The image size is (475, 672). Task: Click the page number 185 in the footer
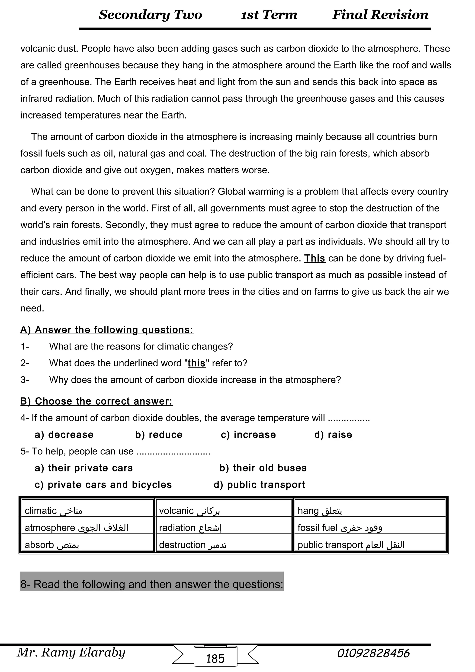pyautogui.click(x=215, y=659)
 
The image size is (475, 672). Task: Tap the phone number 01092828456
pyautogui.click(x=373, y=653)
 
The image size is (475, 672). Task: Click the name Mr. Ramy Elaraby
pyautogui.click(x=71, y=652)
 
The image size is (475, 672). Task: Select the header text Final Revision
pyautogui.click(x=380, y=15)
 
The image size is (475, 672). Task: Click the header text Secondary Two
pyautogui.click(x=150, y=15)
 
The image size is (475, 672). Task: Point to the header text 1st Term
pyautogui.click(x=269, y=15)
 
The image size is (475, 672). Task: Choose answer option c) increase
pyautogui.click(x=248, y=435)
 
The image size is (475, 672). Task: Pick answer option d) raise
pyautogui.click(x=333, y=435)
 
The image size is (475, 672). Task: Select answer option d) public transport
pyautogui.click(x=259, y=485)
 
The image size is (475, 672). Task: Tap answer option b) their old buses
pyautogui.click(x=263, y=468)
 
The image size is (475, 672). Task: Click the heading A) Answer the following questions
pyautogui.click(x=107, y=330)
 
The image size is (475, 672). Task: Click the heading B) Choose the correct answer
pyautogui.click(x=96, y=401)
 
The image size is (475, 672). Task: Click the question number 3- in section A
pyautogui.click(x=25, y=380)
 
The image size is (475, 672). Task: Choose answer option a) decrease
pyautogui.click(x=64, y=435)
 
